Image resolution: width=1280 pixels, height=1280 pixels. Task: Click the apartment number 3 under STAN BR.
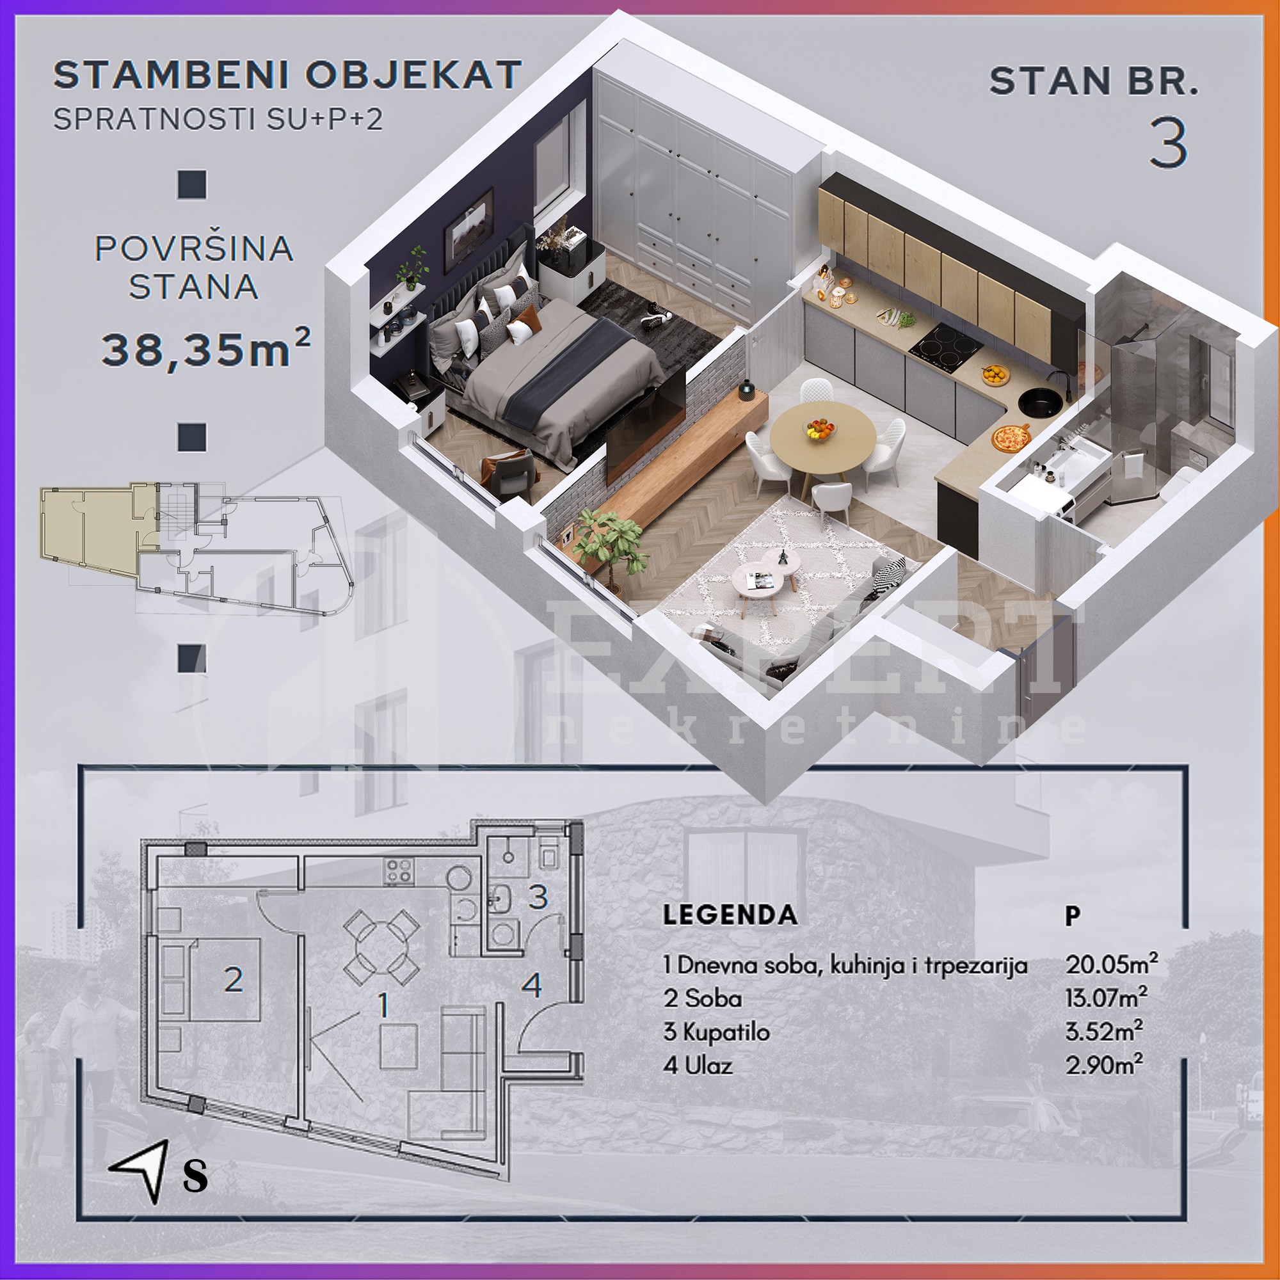(x=1168, y=143)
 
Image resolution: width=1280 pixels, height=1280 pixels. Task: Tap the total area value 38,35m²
(x=205, y=349)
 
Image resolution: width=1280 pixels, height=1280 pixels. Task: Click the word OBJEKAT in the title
(x=413, y=75)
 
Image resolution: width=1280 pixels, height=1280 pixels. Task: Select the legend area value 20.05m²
(x=1112, y=964)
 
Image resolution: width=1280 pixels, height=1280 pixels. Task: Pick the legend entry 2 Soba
(x=702, y=998)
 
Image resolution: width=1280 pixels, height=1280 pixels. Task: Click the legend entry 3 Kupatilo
(x=716, y=1032)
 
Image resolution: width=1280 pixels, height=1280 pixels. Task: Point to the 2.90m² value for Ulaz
(x=1104, y=1065)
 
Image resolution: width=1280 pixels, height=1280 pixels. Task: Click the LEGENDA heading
(x=730, y=915)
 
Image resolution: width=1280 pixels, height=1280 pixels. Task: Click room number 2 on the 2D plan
(x=233, y=980)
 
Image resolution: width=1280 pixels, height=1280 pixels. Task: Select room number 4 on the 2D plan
(x=532, y=985)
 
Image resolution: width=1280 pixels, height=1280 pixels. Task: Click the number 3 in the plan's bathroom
(x=538, y=897)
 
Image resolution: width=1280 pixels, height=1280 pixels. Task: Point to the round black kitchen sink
(x=1040, y=401)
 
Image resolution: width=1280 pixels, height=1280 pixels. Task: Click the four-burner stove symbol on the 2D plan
(x=399, y=871)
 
